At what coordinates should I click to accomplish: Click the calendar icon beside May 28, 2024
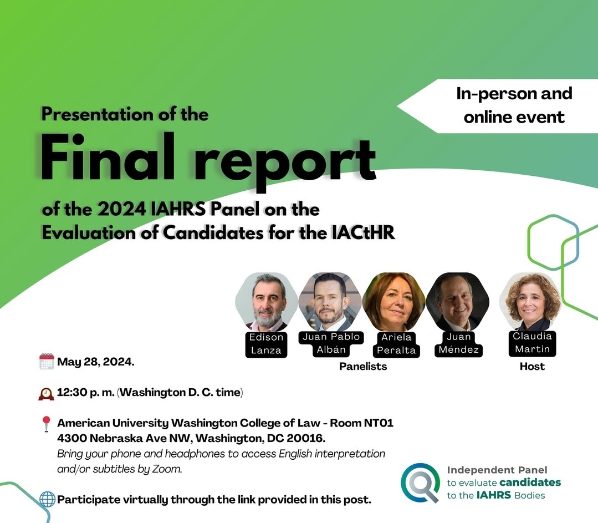(x=47, y=362)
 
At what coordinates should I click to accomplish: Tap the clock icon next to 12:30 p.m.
(x=46, y=393)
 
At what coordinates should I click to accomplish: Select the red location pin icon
(x=46, y=424)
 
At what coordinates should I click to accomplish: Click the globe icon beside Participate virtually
(x=48, y=499)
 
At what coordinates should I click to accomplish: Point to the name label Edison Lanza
(x=266, y=344)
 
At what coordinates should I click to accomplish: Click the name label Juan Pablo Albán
(x=331, y=343)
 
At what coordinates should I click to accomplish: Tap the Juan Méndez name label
(x=458, y=343)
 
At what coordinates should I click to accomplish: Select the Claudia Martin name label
(x=531, y=343)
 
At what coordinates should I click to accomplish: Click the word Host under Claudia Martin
(x=532, y=367)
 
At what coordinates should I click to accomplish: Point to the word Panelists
(x=363, y=367)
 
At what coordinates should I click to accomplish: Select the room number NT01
(x=378, y=423)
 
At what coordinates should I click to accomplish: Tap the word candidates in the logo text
(x=530, y=482)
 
